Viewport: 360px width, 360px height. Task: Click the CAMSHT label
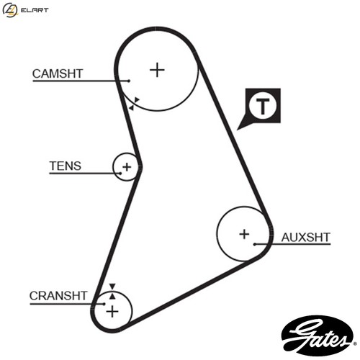coord(58,73)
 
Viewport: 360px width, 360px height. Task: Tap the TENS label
coord(66,166)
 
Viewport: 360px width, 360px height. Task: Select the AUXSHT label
coord(306,238)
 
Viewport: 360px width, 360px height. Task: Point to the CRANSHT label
coord(58,296)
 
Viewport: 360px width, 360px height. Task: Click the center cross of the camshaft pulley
coord(157,70)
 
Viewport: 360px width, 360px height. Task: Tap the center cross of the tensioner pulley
coord(127,167)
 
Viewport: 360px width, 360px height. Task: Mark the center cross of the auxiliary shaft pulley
coord(244,234)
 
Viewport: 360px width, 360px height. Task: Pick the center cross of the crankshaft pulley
coord(112,312)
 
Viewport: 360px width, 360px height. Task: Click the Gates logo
coord(318,336)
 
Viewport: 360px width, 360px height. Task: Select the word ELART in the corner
coord(35,10)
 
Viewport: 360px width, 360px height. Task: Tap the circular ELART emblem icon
coord(10,10)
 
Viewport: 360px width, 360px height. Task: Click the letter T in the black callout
coord(263,106)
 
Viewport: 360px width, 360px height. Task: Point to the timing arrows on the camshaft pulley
coord(134,104)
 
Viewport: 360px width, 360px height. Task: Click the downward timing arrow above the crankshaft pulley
coord(112,287)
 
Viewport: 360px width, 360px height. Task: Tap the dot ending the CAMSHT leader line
coord(129,81)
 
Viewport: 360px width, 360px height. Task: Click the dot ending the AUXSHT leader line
coord(255,244)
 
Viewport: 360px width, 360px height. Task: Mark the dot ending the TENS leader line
coord(120,173)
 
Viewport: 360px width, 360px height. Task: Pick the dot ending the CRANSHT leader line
coord(104,304)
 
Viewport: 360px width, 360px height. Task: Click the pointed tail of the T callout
coord(237,130)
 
